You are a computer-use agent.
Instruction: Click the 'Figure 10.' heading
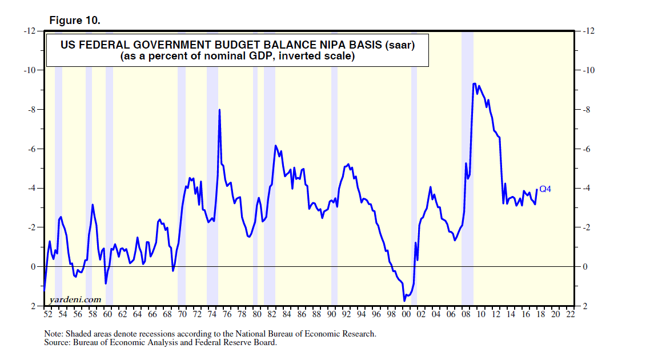point(75,21)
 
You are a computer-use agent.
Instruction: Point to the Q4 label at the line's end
point(545,189)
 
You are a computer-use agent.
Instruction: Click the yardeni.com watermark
point(75,299)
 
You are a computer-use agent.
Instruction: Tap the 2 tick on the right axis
point(583,306)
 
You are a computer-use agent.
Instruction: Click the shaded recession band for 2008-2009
point(467,171)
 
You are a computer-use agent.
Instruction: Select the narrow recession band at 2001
point(414,171)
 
